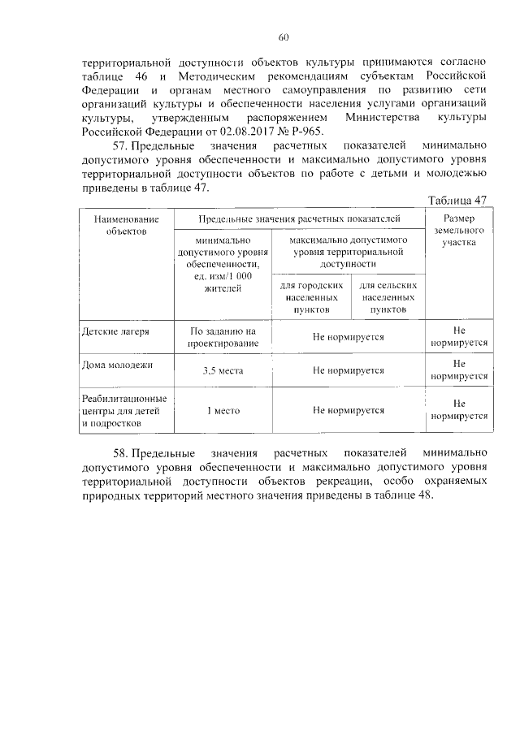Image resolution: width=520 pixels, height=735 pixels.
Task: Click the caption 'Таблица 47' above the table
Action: point(457,201)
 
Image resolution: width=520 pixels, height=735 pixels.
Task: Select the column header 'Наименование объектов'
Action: point(125,225)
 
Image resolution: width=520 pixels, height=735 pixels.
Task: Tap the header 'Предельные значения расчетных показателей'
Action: point(300,218)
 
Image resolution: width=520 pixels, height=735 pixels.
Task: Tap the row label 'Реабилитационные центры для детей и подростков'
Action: point(124,410)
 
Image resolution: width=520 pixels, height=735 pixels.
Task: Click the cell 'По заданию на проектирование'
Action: point(223,337)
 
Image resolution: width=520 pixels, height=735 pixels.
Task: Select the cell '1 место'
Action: point(223,410)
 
